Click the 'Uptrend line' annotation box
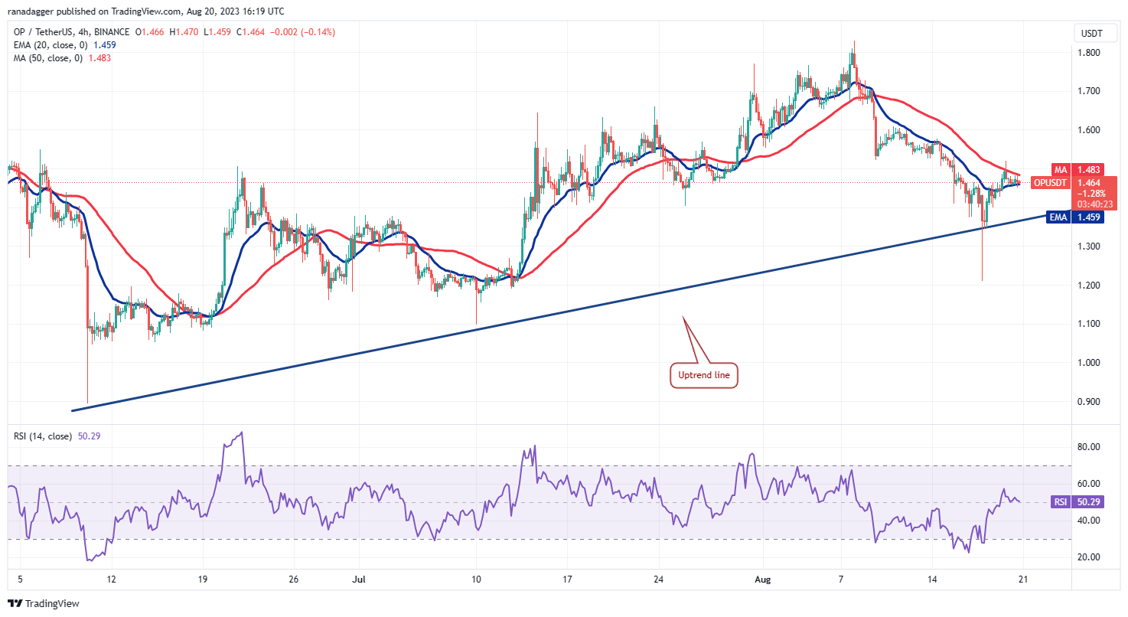tap(704, 375)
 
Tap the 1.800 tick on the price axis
tap(1090, 53)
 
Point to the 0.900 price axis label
tap(1090, 402)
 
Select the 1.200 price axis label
tap(1090, 286)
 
